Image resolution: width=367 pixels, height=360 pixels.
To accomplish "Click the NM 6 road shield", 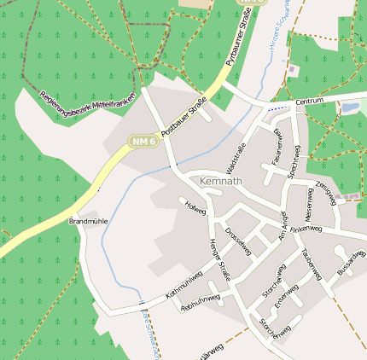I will (143, 140).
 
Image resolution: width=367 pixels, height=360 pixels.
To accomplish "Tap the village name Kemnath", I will (220, 182).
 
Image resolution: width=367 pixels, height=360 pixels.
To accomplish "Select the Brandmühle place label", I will (89, 221).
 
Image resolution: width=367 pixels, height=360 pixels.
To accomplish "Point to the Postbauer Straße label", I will (185, 119).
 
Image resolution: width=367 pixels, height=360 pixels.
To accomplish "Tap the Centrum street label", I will (310, 102).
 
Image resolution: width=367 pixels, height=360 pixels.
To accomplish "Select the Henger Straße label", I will (220, 260).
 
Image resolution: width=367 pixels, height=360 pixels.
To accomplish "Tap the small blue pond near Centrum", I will (350, 108).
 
